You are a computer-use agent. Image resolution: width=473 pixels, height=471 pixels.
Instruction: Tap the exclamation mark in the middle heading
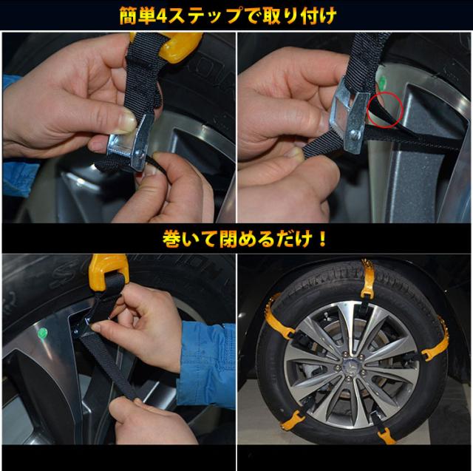click(x=322, y=240)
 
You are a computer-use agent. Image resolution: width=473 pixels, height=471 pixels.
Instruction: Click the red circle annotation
click(x=385, y=111)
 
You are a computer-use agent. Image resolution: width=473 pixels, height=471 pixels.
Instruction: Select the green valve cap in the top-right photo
click(x=383, y=81)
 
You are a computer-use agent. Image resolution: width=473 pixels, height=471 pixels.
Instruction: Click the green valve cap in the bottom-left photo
click(x=42, y=333)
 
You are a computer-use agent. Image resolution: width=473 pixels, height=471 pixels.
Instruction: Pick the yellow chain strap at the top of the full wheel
click(x=367, y=277)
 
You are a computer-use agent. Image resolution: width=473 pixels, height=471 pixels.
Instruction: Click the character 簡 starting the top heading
click(x=129, y=16)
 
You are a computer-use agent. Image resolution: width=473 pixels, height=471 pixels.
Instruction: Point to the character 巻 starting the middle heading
click(x=171, y=240)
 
